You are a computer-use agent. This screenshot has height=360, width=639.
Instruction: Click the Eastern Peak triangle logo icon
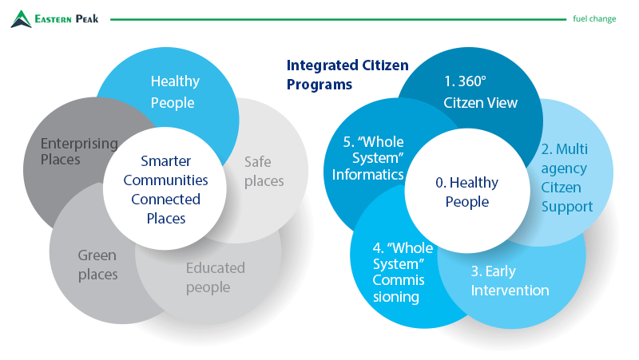pos(21,19)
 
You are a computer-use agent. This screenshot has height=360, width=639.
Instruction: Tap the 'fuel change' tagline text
pos(594,18)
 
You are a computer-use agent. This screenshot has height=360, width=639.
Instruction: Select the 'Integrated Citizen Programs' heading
pos(347,74)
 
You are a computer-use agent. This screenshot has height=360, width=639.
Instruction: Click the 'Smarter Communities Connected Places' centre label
pos(165,189)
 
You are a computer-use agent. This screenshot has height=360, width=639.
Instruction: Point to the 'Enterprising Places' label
pos(79,151)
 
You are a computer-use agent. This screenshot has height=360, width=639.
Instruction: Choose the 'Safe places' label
pos(264,172)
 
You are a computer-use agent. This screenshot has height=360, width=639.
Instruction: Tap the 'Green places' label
pos(97,265)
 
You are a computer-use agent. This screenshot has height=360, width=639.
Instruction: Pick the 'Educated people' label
pos(215,277)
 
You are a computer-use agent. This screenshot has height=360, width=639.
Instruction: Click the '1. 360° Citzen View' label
pos(481,92)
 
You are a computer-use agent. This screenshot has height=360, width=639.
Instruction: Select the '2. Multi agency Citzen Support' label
pos(567,177)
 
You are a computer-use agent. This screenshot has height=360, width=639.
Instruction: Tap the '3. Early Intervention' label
pos(510,281)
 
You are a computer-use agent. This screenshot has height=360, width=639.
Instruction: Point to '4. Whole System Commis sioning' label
pos(403,272)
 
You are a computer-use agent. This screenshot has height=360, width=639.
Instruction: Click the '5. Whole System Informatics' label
pos(368,158)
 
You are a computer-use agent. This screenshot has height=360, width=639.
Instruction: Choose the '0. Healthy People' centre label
pos(467,192)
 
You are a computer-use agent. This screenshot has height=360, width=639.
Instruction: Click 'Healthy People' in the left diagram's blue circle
pos(175,92)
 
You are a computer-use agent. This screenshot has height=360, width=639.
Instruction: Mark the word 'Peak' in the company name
pos(87,18)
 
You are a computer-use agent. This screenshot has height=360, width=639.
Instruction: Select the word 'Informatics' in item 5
pos(368,174)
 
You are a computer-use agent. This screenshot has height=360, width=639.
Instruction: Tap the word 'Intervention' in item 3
pos(510,291)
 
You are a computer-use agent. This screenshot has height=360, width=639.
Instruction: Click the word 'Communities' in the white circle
pos(165,180)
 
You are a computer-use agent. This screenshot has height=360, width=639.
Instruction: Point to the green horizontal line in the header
pos(338,19)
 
